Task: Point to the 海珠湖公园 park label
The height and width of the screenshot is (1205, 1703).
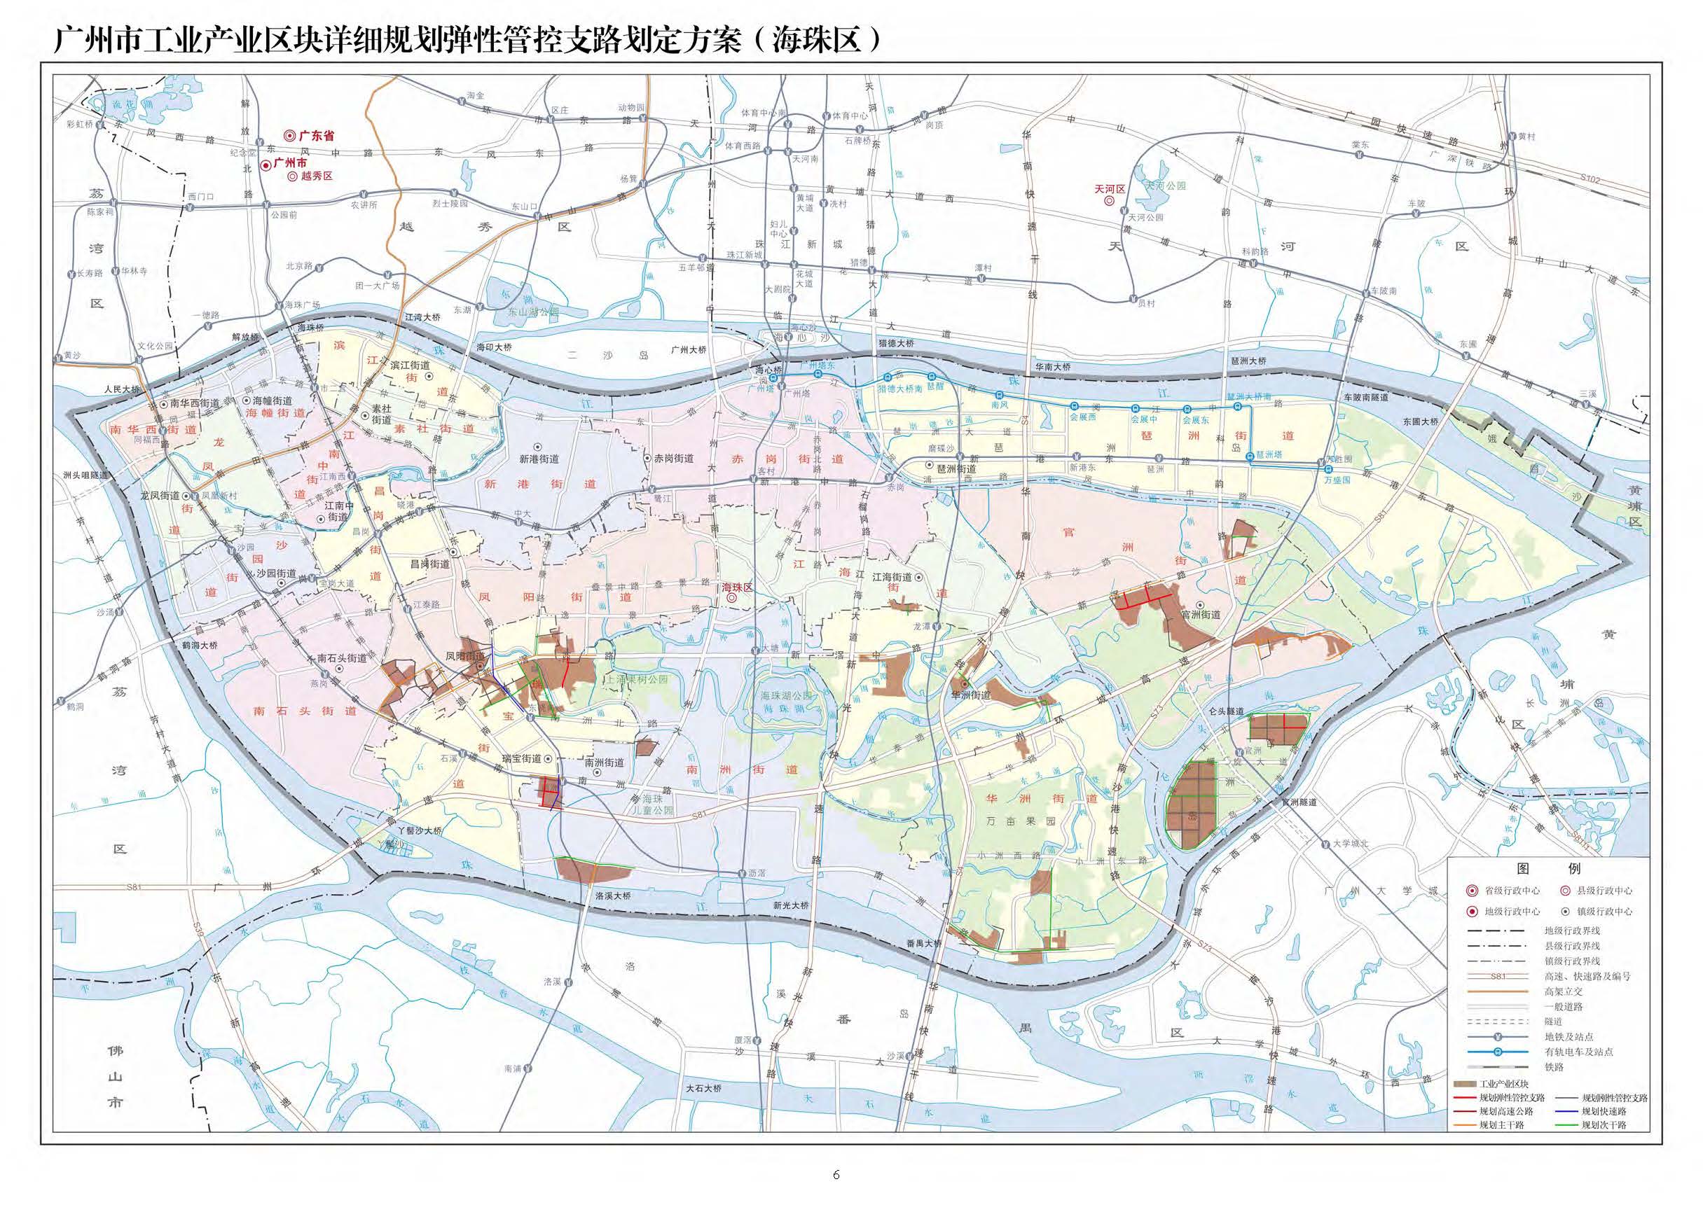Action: click(x=786, y=696)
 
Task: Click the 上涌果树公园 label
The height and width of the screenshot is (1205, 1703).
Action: click(x=637, y=679)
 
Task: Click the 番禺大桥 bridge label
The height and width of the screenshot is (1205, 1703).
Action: click(x=923, y=943)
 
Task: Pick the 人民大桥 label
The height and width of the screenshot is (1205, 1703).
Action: click(x=122, y=389)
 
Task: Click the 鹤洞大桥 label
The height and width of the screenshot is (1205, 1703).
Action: click(x=200, y=646)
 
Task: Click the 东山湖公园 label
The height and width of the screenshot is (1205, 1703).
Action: click(x=533, y=313)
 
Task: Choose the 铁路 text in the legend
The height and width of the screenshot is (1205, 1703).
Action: click(x=1554, y=1066)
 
